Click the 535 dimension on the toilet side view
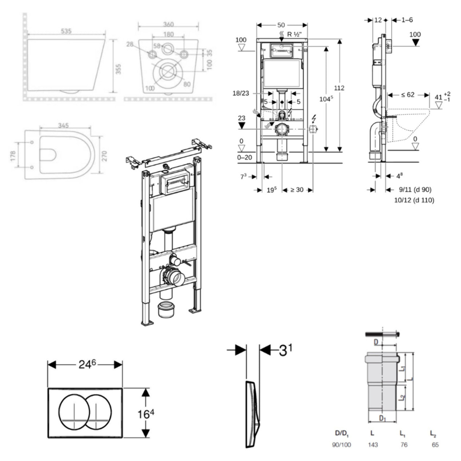point(66,31)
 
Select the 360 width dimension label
point(168,24)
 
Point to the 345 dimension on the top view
point(63,126)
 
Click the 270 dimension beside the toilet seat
point(104,156)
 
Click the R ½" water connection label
point(295,35)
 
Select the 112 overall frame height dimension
point(339,88)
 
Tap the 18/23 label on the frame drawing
point(241,93)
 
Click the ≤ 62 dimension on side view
point(408,95)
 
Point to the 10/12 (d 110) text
point(414,200)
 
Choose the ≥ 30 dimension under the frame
point(297,190)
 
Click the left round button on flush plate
point(74,412)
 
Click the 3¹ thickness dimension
point(286,350)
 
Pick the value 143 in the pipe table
point(373,445)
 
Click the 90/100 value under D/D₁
point(342,445)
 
